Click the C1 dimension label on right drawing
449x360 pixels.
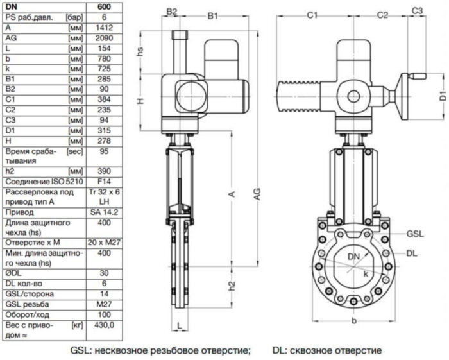pos(312,13)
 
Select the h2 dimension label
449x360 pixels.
pos(232,285)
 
